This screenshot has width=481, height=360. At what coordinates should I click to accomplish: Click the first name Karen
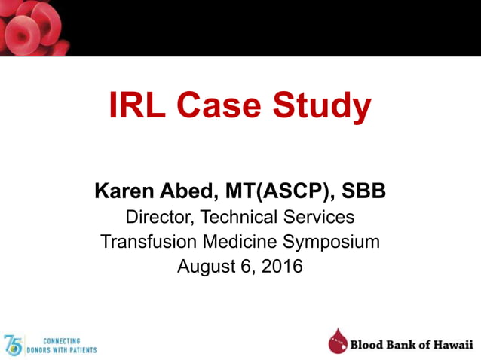(x=124, y=191)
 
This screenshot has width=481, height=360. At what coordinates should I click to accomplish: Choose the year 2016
(x=283, y=266)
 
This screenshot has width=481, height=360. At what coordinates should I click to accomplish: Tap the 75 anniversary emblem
(x=13, y=345)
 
